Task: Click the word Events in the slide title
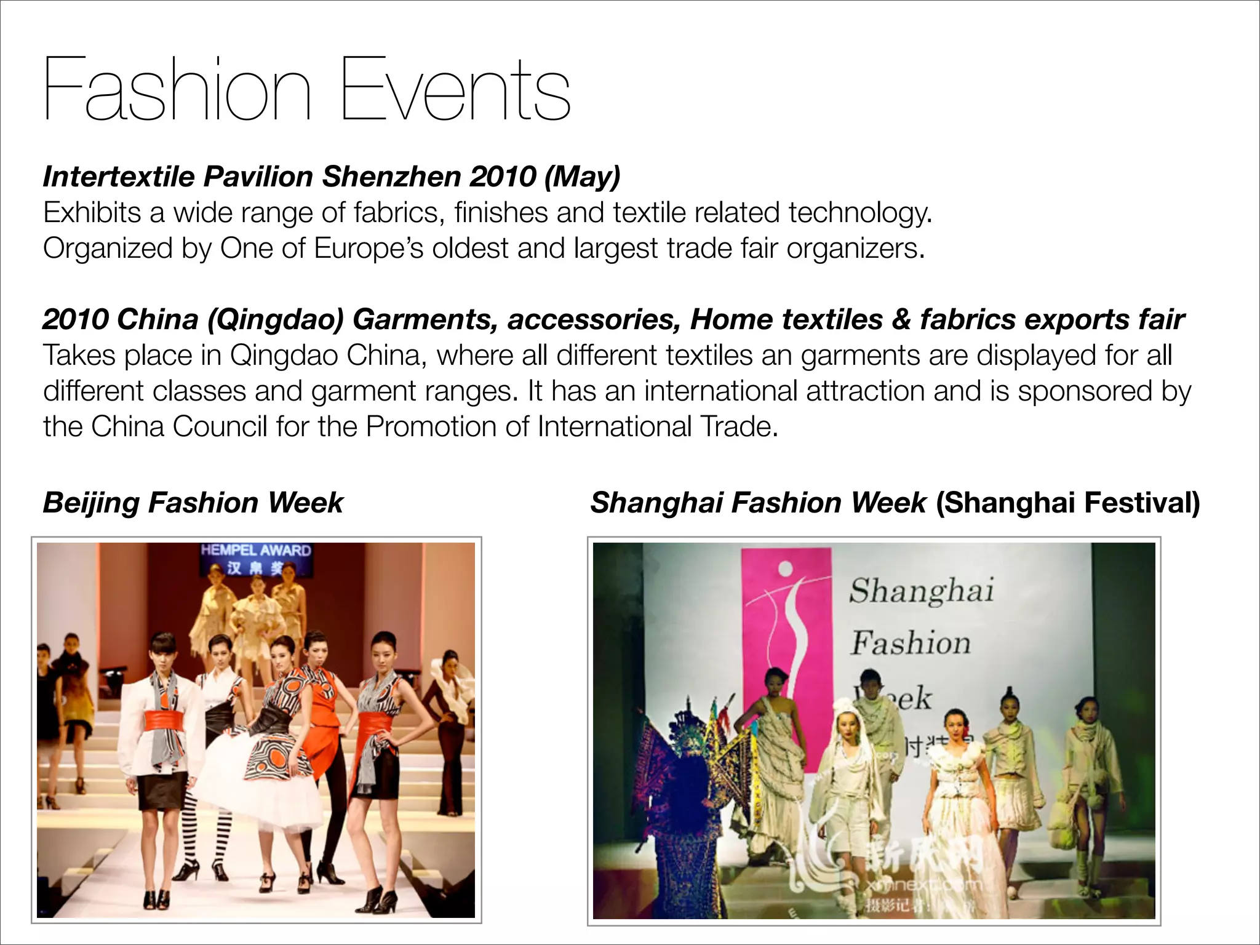point(455,89)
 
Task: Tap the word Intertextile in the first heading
point(119,177)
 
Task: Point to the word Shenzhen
point(392,177)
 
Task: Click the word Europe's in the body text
point(368,249)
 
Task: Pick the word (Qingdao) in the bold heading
point(275,320)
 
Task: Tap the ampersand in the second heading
point(901,319)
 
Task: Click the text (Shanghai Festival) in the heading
point(1067,503)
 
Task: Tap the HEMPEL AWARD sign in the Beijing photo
point(256,551)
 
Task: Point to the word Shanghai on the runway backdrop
point(921,591)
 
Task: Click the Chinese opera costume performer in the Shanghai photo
point(689,800)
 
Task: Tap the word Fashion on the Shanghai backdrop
point(911,643)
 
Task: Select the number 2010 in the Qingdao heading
point(75,319)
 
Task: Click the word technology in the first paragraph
point(859,213)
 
